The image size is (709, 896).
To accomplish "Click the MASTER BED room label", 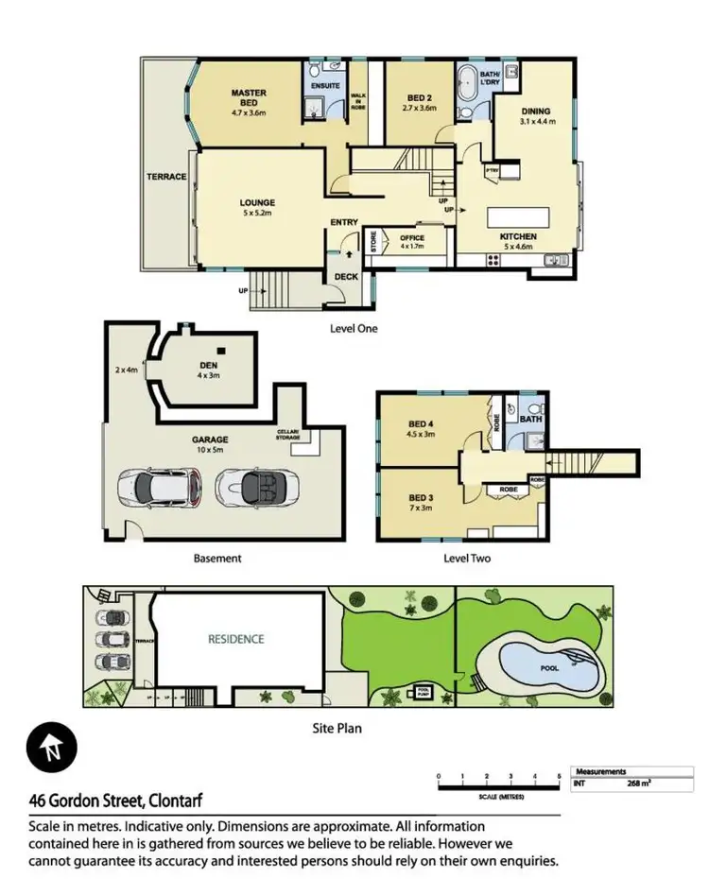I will pyautogui.click(x=250, y=98).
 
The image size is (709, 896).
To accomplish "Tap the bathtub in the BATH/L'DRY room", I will pyautogui.click(x=468, y=88).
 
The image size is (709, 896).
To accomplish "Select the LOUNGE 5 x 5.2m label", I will pyautogui.click(x=257, y=207).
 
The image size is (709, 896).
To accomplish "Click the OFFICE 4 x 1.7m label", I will pyautogui.click(x=412, y=241).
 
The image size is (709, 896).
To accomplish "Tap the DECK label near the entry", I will pyautogui.click(x=346, y=277).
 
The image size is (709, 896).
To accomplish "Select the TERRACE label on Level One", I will pyautogui.click(x=164, y=177).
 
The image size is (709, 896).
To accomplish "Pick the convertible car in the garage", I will pyautogui.click(x=251, y=489).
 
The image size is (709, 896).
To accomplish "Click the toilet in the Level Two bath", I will pyautogui.click(x=511, y=411).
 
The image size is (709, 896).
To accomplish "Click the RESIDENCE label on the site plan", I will pyautogui.click(x=236, y=639).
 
